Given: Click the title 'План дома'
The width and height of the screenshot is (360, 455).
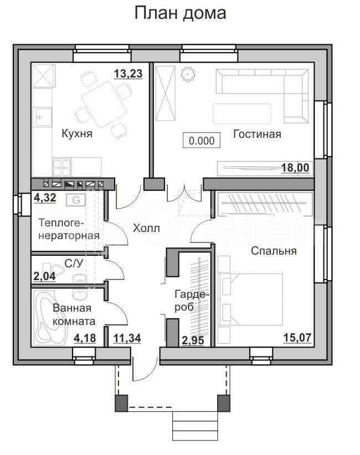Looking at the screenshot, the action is pos(180,13).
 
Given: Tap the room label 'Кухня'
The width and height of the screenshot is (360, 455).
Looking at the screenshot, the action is pos(77,134).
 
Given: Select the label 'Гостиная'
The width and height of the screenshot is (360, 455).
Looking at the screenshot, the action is pos(257,134).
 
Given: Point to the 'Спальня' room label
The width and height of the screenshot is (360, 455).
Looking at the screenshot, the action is pos(274,251).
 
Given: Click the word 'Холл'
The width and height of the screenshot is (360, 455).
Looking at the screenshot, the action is pos(146,229).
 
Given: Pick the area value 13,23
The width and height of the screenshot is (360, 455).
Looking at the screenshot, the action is pos(128,74).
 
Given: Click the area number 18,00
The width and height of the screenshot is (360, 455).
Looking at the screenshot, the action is pos(295,168).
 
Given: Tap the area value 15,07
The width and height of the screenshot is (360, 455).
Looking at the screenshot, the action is pos(297,338).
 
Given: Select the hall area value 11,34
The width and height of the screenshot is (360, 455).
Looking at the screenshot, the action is pos(127,338).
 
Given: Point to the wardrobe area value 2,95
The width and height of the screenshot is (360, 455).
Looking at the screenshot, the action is pos(193,340).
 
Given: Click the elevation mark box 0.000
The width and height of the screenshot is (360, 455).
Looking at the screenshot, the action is pos(202,141).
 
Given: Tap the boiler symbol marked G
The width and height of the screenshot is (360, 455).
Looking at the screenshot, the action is pos(76,200).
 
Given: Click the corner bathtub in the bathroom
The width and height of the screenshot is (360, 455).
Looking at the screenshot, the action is pos(51,318).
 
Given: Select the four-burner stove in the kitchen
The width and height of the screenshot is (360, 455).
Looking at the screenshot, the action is pos(62,167).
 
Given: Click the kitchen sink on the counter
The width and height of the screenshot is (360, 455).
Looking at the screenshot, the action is pos(43,117).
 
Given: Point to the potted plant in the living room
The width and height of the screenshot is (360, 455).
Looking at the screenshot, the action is pos(188,74).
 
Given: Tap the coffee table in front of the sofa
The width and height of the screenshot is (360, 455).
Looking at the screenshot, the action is pos(242,114).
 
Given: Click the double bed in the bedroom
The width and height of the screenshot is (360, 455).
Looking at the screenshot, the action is pos(250,299).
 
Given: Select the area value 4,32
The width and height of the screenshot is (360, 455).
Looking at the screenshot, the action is pos(45,198).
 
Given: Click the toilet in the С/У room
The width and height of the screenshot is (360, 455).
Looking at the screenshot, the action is pos(53,270).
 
